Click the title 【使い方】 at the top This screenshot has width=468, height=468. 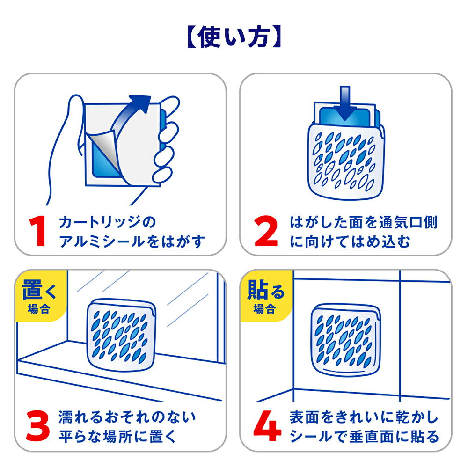coord(234,37)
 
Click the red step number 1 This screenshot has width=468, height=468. coord(37,231)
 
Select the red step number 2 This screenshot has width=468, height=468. coord(266,231)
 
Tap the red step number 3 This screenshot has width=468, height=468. coord(37,426)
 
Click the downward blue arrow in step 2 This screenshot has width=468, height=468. coord(345,103)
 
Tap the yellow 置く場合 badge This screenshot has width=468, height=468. coord(41,295)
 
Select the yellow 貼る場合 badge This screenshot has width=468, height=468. coord(266,295)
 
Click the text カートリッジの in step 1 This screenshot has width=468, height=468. coord(107,222)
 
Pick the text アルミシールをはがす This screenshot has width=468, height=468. coord(132,241)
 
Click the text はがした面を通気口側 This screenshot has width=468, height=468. coord(364,222)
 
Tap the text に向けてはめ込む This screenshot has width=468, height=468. coord(350,241)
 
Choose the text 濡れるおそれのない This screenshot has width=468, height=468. coord(127,417)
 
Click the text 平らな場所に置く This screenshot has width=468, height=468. coord(117,436)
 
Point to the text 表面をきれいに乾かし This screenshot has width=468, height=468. coord(364,417)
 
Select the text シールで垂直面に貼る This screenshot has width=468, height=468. coord(364,436)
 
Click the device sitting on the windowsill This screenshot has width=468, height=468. coord(121,334)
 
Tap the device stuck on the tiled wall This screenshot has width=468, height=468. coord(346,340)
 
